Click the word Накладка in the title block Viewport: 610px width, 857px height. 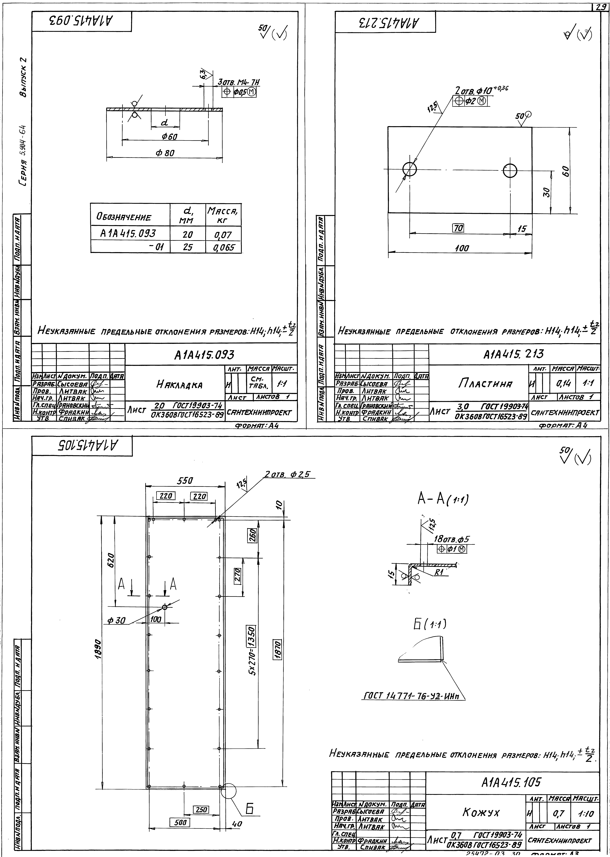tap(179, 385)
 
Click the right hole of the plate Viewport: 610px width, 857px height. tap(510, 171)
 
